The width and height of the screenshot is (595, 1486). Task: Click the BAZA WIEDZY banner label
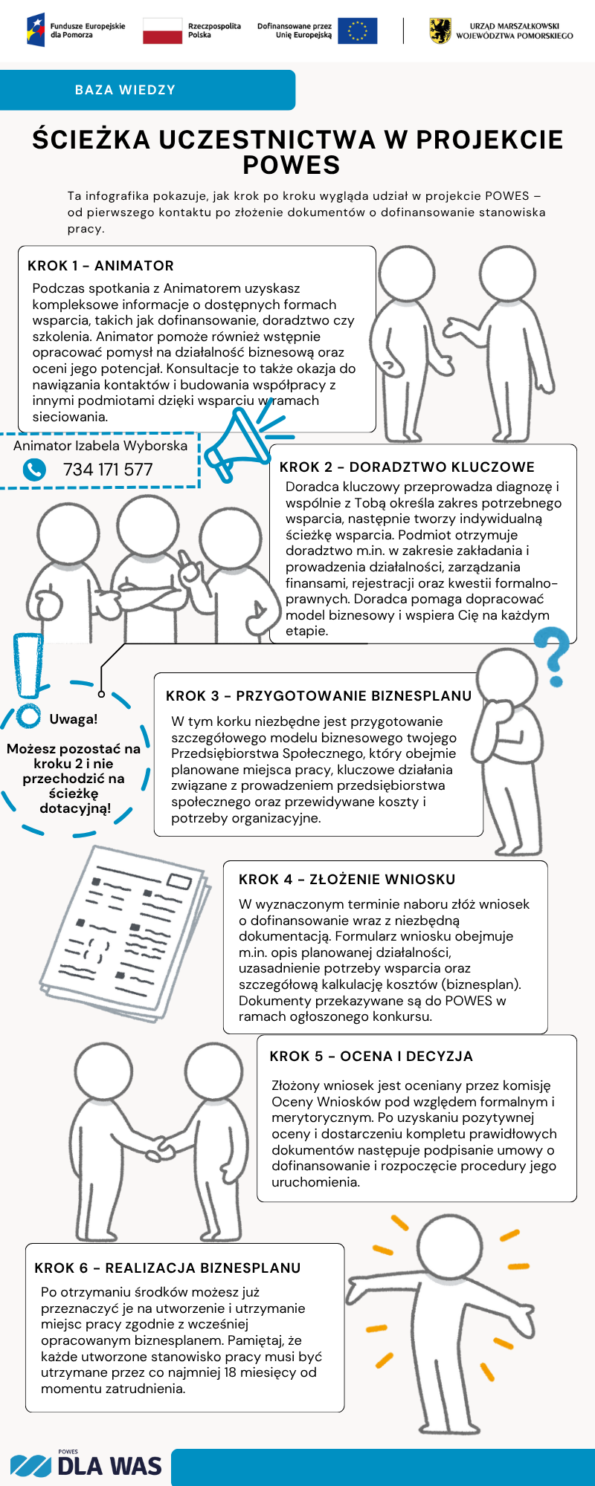point(125,90)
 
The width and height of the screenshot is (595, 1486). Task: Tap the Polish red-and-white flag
point(162,31)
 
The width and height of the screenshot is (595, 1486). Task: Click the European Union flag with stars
point(357,31)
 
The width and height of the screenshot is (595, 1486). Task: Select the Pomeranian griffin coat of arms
point(440,31)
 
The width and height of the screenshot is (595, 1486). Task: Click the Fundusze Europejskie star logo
point(36,30)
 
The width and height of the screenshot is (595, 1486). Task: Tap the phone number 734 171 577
point(108,470)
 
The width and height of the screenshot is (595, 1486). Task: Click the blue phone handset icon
point(34,470)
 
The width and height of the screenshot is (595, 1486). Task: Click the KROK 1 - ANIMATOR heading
point(100,266)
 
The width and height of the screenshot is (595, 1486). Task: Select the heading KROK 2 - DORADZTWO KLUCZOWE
point(407,467)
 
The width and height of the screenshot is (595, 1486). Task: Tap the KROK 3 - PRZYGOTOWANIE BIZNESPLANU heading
point(318,695)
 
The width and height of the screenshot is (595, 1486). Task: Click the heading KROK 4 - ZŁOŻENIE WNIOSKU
point(347,879)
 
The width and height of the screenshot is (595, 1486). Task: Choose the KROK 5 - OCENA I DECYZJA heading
point(371,1056)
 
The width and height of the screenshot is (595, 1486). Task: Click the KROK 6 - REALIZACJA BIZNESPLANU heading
point(167,1268)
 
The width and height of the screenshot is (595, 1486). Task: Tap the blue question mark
point(554,654)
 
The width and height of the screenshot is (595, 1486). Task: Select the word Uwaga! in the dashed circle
point(74,718)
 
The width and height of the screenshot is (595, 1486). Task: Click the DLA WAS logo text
point(109,1466)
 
